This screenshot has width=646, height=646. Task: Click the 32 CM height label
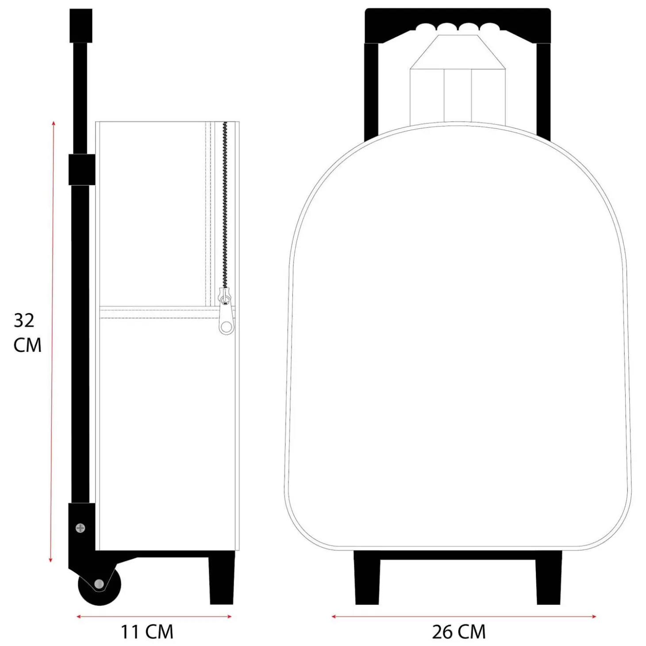pyautogui.click(x=27, y=333)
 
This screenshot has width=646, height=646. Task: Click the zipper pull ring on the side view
pyautogui.click(x=227, y=325)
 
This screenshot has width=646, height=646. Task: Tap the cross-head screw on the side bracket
pyautogui.click(x=81, y=528)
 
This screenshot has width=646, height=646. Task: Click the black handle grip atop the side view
pyautogui.click(x=81, y=26)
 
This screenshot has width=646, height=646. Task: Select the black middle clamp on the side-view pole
pyautogui.click(x=82, y=169)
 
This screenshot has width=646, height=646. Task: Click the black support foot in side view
pyautogui.click(x=222, y=580)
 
